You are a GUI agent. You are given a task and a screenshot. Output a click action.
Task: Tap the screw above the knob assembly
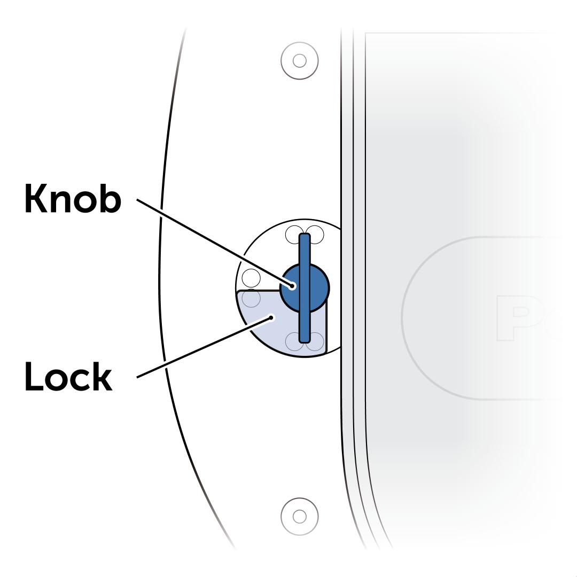(300, 60)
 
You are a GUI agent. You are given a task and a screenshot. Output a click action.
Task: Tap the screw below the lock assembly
(300, 516)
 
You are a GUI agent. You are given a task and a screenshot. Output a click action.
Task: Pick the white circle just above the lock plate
(251, 278)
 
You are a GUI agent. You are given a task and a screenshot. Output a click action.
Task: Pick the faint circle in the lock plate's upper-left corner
(251, 299)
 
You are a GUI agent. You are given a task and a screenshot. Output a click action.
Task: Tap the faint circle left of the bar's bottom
(294, 341)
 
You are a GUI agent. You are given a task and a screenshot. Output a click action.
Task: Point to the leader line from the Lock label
(203, 348)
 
